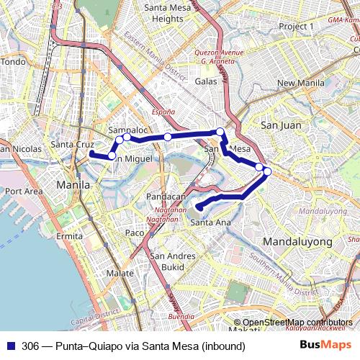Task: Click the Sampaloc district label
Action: click(127, 130)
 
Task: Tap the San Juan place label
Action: click(276, 125)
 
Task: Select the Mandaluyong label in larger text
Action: click(297, 240)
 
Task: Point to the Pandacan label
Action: click(166, 197)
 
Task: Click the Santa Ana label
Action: click(211, 222)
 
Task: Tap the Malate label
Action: click(120, 274)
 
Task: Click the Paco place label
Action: click(135, 233)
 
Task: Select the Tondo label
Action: click(12, 62)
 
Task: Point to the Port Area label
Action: click(24, 192)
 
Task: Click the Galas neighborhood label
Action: click(206, 81)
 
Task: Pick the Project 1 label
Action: click(297, 26)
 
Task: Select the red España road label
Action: click(163, 112)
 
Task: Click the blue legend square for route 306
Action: click(10, 346)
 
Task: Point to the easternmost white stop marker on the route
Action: click(267, 171)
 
